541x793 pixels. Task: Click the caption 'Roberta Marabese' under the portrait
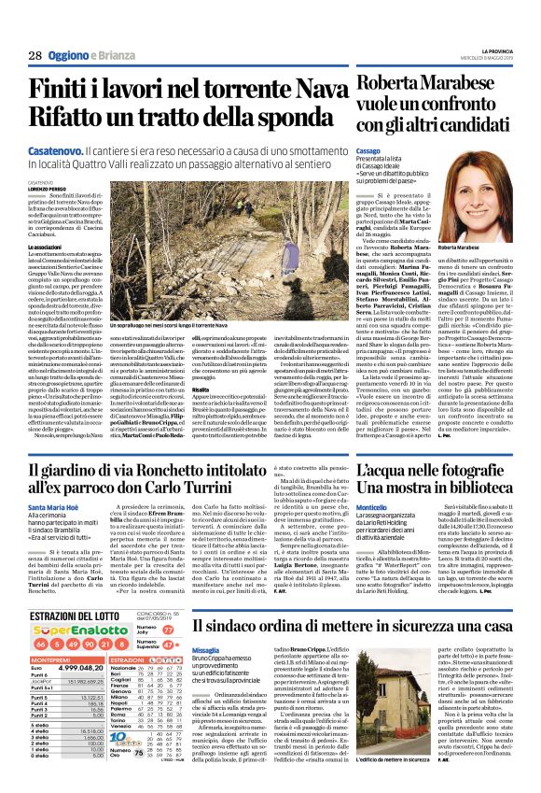point(460,245)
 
